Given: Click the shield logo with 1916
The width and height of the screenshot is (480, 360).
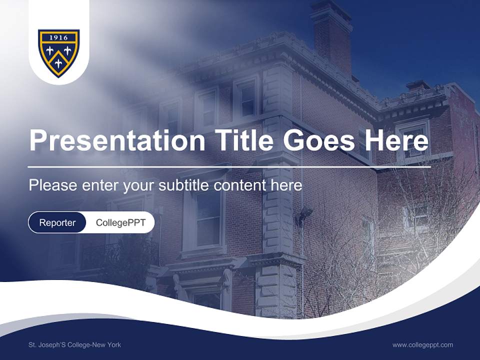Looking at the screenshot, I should click(x=58, y=53).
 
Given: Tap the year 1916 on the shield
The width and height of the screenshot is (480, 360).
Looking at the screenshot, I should click(x=58, y=37).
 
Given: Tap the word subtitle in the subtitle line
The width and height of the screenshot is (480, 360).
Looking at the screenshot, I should click(x=184, y=185).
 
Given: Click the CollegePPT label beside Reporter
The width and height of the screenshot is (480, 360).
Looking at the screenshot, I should click(x=120, y=223).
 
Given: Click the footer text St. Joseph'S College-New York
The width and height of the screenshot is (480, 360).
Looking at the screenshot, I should click(x=74, y=344).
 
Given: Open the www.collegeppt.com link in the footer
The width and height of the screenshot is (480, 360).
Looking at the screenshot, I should click(x=422, y=344).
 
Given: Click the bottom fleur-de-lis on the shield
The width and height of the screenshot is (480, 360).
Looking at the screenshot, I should click(x=58, y=63).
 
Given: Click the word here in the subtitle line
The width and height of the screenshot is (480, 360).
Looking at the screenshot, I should click(x=286, y=185).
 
